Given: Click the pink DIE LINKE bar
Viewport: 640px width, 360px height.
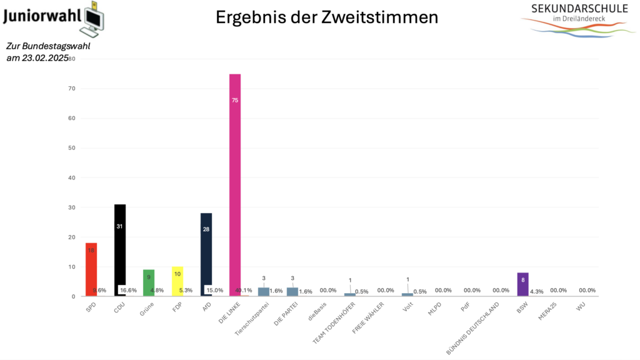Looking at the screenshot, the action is pyautogui.click(x=235, y=185).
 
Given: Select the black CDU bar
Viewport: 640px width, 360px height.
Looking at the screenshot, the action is pyautogui.click(x=120, y=250).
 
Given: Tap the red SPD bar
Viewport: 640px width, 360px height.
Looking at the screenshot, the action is pyautogui.click(x=91, y=269).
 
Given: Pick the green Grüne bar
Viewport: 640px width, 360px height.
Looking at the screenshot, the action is pyautogui.click(x=149, y=282).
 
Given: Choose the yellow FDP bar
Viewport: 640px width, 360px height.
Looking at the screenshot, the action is pyautogui.click(x=177, y=281).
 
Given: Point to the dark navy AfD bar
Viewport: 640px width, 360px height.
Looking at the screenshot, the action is pyautogui.click(x=206, y=254).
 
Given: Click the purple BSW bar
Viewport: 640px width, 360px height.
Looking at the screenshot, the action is pyautogui.click(x=523, y=284).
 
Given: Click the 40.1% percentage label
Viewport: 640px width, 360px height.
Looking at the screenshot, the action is pyautogui.click(x=244, y=291).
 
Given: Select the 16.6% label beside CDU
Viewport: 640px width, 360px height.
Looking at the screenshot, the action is pyautogui.click(x=128, y=291).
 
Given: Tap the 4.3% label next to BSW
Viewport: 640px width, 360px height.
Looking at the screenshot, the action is pyautogui.click(x=537, y=292).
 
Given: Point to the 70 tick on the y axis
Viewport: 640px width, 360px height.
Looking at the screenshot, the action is pyautogui.click(x=72, y=89).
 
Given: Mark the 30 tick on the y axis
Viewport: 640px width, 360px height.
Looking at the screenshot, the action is pyautogui.click(x=72, y=207).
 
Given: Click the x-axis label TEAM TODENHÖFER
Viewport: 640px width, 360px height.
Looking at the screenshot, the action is pyautogui.click(x=334, y=323).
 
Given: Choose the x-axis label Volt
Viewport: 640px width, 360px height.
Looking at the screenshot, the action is pyautogui.click(x=407, y=307).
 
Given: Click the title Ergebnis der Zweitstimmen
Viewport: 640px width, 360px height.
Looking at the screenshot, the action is pyautogui.click(x=327, y=17).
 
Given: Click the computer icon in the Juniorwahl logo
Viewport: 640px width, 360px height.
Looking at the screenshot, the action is pyautogui.click(x=94, y=19).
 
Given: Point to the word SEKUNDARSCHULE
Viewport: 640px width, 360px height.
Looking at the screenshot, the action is pyautogui.click(x=579, y=9).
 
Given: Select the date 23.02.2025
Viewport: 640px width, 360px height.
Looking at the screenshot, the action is pyautogui.click(x=45, y=58).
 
